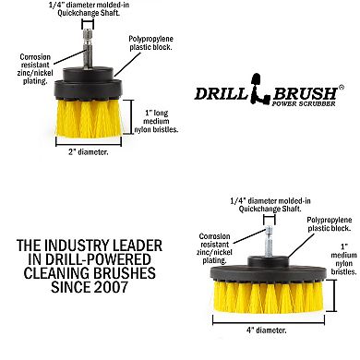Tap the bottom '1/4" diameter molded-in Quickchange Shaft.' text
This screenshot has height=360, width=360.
click(264, 202)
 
